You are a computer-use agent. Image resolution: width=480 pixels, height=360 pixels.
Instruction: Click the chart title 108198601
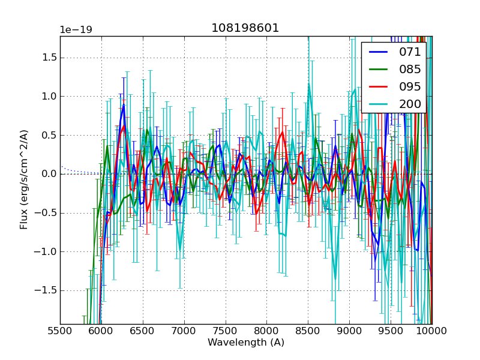[245, 28]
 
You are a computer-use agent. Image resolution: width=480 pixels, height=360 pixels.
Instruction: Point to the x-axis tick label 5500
[60, 331]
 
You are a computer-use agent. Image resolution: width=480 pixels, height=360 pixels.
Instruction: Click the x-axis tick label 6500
[143, 331]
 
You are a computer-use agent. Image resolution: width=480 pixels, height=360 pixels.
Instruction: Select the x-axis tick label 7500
[226, 331]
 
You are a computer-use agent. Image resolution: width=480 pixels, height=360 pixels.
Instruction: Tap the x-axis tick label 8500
[308, 331]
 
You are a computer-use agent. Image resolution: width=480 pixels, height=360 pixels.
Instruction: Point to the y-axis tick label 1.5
[48, 58]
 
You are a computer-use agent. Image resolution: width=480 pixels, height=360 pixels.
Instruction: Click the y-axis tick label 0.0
[48, 174]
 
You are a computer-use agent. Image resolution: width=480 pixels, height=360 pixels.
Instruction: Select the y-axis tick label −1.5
[44, 290]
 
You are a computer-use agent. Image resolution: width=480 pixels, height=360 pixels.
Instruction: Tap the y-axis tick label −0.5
[44, 213]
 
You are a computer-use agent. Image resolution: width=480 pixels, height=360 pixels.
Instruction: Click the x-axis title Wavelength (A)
[246, 343]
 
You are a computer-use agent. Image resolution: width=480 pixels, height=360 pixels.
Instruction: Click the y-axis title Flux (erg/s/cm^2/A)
[25, 180]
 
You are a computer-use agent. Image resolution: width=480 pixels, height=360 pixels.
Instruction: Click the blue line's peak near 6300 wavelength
[124, 105]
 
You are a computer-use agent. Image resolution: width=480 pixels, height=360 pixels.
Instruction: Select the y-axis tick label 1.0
[48, 97]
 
